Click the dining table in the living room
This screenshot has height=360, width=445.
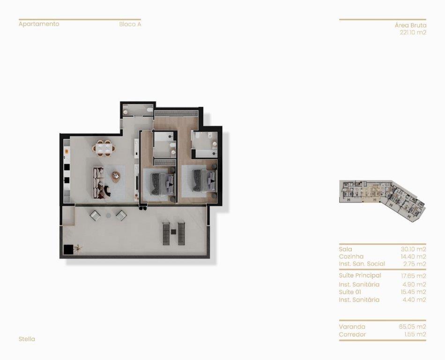pyautogui.click(x=104, y=149)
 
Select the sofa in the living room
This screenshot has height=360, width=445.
pyautogui.click(x=98, y=182)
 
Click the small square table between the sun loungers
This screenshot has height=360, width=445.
pyautogui.click(x=173, y=232)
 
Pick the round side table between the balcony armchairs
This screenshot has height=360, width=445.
pyautogui.click(x=108, y=216)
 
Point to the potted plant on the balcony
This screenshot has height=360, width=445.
pyautogui.click(x=77, y=249)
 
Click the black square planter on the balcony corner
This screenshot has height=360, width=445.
pyautogui.click(x=68, y=250)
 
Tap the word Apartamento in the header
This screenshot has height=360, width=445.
pyautogui.click(x=39, y=24)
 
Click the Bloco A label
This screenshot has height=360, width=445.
pyautogui.click(x=130, y=24)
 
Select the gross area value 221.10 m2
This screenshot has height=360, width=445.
pyautogui.click(x=413, y=32)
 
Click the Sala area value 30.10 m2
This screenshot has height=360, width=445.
pyautogui.click(x=414, y=249)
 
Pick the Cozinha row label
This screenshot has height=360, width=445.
pyautogui.click(x=351, y=257)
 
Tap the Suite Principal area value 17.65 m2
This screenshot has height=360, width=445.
pyautogui.click(x=414, y=276)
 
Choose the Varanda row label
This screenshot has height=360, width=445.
pyautogui.click(x=352, y=327)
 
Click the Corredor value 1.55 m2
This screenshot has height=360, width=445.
pyautogui.click(x=415, y=334)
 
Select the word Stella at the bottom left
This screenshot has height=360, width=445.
pyautogui.click(x=27, y=339)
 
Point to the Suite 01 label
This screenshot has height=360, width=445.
pyautogui.click(x=350, y=292)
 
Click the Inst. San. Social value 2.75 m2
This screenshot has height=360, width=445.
pyautogui.click(x=415, y=264)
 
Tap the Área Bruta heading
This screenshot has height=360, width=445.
pyautogui.click(x=411, y=25)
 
